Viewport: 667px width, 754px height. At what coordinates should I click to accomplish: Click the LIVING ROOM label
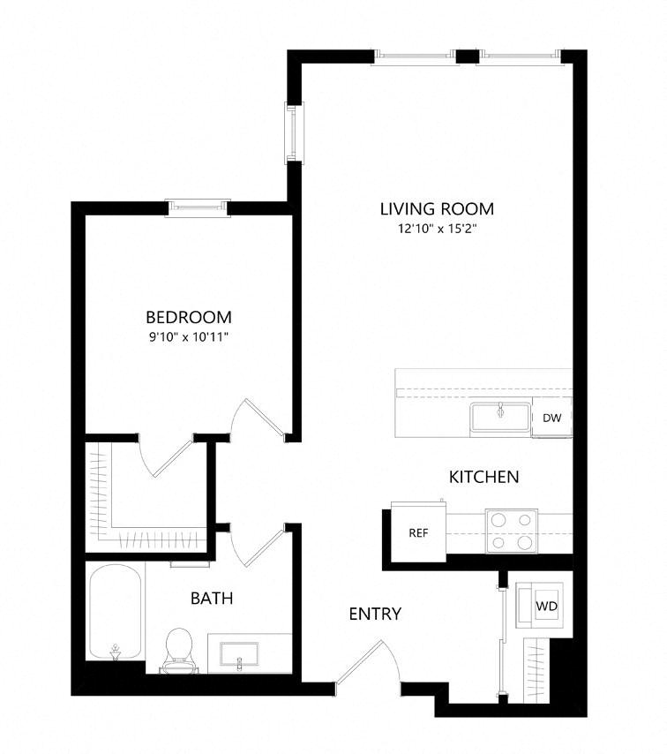pos(436,209)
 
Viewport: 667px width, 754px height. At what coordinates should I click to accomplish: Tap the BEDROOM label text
pos(188,317)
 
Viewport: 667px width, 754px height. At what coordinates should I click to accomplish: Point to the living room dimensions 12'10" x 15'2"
pos(436,230)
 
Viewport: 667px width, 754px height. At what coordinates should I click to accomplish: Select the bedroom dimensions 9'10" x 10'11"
pos(188,336)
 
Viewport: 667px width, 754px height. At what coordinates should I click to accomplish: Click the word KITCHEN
pos(483,477)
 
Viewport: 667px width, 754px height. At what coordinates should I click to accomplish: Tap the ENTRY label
pos(375,614)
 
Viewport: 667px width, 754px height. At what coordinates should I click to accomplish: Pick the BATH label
pos(212,599)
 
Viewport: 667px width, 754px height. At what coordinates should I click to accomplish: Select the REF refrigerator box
pos(417,533)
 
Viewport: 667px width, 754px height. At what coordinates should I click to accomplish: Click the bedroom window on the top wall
pos(199,207)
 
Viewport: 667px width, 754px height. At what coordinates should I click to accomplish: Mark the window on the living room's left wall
pos(292,132)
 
